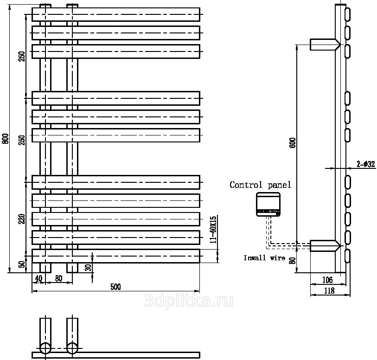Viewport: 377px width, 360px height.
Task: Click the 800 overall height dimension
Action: pos(6,139)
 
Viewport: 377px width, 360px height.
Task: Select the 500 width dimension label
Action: pos(115,287)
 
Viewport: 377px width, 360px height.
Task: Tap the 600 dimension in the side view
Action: pos(292,142)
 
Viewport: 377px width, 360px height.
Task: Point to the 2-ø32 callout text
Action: pos(366,163)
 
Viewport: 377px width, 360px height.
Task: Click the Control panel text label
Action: pos(261,185)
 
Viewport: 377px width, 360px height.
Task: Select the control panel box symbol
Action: pos(268,205)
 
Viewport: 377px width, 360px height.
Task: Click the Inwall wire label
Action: pos(264,258)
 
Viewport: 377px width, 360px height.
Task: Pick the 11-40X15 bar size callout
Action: pos(213,229)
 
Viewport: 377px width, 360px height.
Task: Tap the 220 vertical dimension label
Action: pos(21,218)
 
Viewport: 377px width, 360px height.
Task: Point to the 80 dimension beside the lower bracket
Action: pos(292,261)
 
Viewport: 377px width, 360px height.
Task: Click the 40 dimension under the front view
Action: pos(38,278)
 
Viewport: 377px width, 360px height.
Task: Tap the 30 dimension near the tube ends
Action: pos(88,268)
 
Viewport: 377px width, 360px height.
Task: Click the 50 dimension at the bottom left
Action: pos(21,265)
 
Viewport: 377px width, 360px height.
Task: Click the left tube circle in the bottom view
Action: pos(45,348)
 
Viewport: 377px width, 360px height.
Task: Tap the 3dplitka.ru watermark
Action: pos(188,301)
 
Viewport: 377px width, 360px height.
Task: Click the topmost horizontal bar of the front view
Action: pos(116,14)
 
